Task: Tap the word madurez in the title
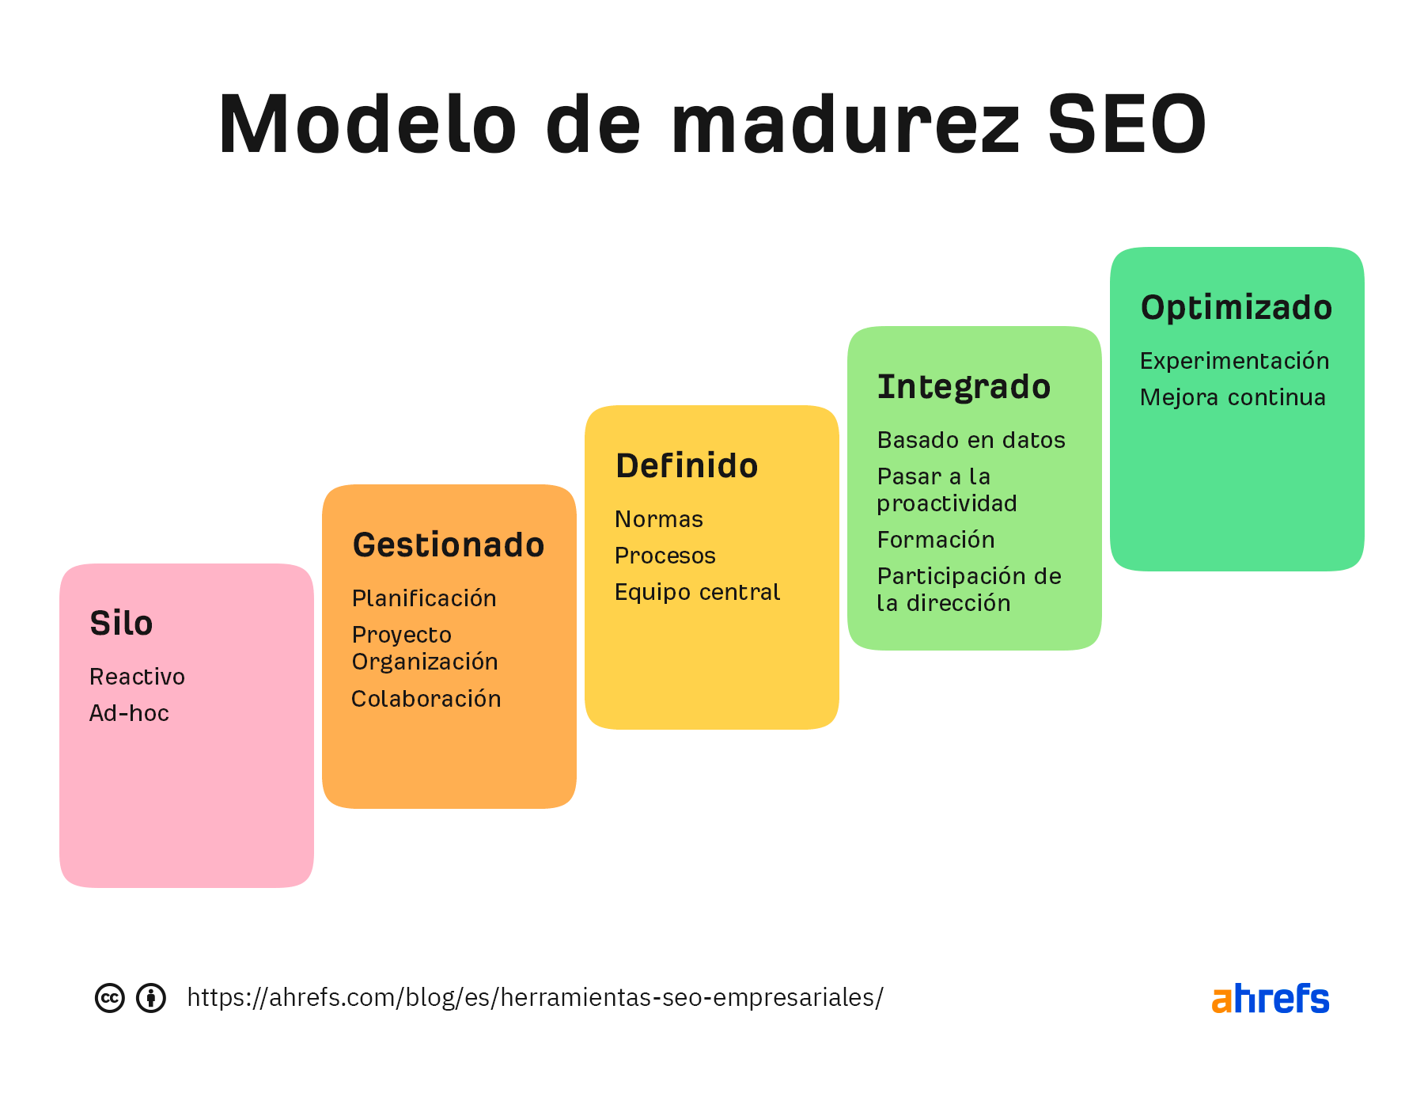point(846,125)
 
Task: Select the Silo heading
point(121,624)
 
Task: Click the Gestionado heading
point(449,545)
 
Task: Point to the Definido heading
point(687,466)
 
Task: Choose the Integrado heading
point(964,387)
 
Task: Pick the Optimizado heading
point(1236,308)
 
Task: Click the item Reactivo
point(137,677)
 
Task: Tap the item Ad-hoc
point(129,713)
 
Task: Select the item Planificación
point(424,598)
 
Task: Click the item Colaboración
point(426,699)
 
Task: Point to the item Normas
point(658,519)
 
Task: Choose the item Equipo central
point(697,592)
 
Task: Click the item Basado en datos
point(971,440)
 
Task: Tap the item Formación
point(936,540)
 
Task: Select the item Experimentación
point(1234,361)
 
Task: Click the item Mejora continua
point(1233,397)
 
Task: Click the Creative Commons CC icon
point(110,998)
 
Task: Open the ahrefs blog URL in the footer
point(535,997)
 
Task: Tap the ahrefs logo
point(1270,999)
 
